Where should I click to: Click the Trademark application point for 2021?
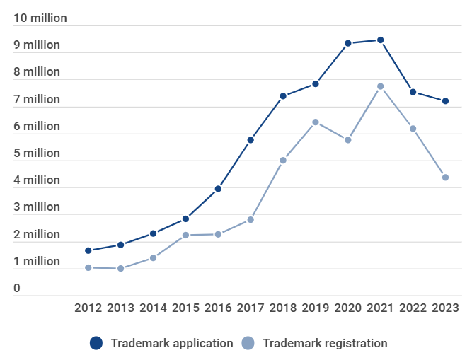click(380, 40)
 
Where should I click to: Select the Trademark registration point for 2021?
click(380, 86)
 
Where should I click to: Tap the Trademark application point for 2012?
click(88, 250)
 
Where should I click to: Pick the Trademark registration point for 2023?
click(445, 178)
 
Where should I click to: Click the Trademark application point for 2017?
click(251, 140)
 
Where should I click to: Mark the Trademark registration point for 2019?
click(316, 122)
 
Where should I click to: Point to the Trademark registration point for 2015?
click(185, 235)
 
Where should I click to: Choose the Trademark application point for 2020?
click(348, 43)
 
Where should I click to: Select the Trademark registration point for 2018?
click(283, 161)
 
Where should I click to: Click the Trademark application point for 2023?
click(445, 101)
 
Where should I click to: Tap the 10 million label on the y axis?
click(40, 18)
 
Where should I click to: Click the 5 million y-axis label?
click(37, 153)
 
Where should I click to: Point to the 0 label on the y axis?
click(17, 289)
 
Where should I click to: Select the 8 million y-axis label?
click(37, 72)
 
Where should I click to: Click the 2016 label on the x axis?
click(218, 308)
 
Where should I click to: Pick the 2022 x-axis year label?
click(413, 308)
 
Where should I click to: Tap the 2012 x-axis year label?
click(88, 308)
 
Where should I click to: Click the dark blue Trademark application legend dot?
click(96, 343)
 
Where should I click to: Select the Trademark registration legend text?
click(325, 343)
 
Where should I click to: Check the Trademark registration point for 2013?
click(121, 269)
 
